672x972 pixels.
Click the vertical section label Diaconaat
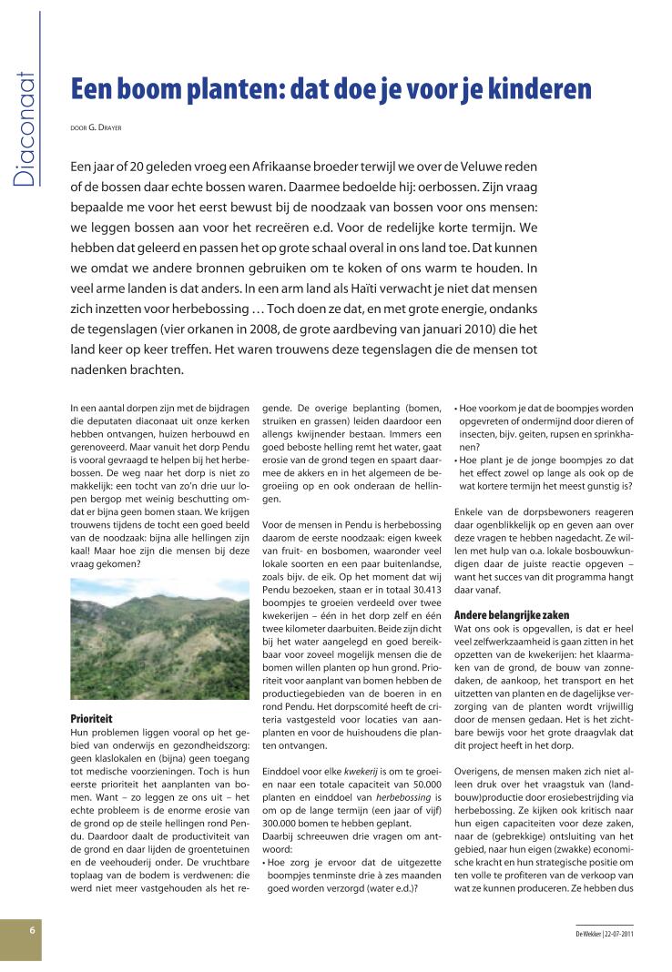(25, 127)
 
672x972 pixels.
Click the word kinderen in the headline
(540, 88)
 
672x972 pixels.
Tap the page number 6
(31, 930)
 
